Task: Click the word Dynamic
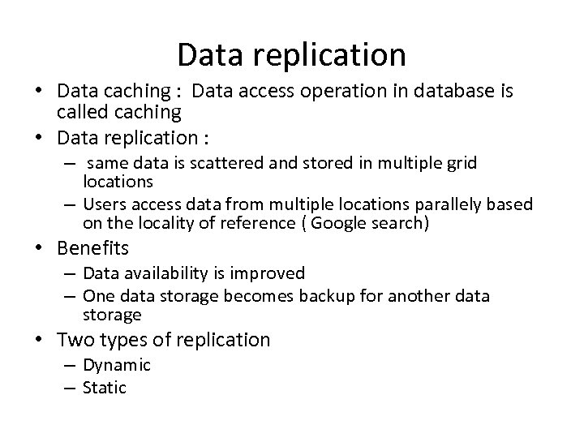(x=117, y=366)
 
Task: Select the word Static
(x=105, y=386)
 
